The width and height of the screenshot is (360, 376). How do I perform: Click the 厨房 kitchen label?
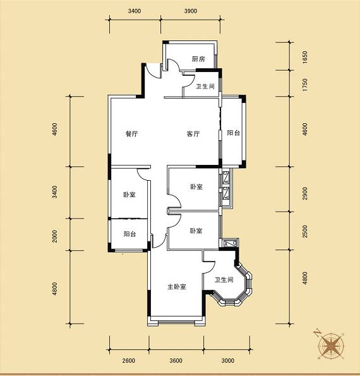[198, 59]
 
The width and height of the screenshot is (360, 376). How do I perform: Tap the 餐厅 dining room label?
[132, 133]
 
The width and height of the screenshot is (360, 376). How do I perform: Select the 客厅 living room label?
[193, 133]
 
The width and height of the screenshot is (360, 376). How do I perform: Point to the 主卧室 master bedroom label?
[177, 286]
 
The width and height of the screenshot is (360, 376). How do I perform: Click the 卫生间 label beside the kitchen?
[205, 87]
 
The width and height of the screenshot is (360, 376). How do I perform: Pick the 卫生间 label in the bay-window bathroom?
[224, 279]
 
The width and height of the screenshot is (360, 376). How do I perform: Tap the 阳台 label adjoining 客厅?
[234, 133]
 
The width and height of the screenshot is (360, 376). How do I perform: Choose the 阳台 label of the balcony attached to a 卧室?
[130, 234]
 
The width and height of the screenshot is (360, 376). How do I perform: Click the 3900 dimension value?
[191, 11]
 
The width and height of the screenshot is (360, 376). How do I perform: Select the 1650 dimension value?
[304, 57]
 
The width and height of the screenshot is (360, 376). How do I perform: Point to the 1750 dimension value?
[304, 85]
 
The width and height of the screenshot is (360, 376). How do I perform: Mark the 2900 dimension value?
[304, 193]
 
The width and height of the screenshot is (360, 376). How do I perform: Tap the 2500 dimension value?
[304, 231]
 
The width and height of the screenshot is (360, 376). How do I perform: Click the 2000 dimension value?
[55, 236]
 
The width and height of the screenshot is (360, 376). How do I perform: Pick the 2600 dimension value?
[129, 360]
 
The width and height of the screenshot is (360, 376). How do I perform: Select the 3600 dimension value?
[176, 360]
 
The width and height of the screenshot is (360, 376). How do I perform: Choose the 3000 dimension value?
[227, 360]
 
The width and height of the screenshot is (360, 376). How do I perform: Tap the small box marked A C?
[230, 244]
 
